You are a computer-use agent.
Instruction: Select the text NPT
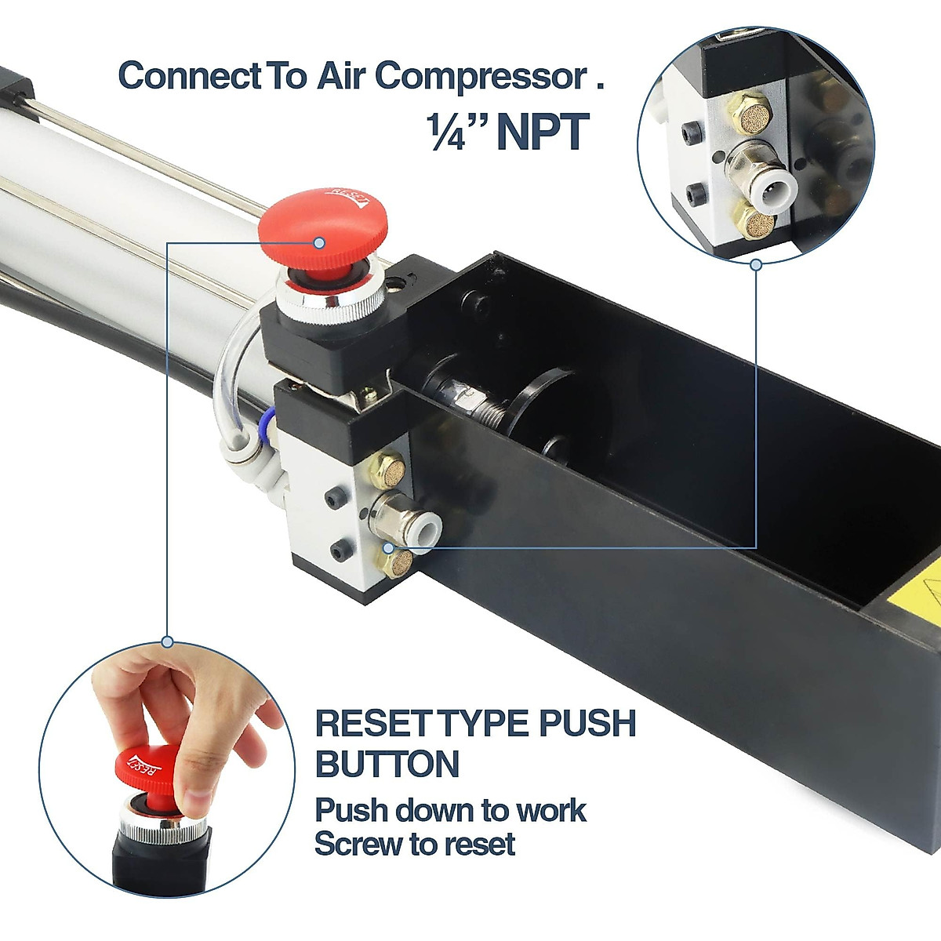(542, 132)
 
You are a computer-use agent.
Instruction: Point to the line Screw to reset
(415, 845)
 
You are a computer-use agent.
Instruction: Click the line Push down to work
(450, 810)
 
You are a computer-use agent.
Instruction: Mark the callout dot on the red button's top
(319, 243)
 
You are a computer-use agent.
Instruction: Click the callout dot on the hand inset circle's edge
(167, 642)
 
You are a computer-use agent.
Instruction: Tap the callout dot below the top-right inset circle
(756, 265)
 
